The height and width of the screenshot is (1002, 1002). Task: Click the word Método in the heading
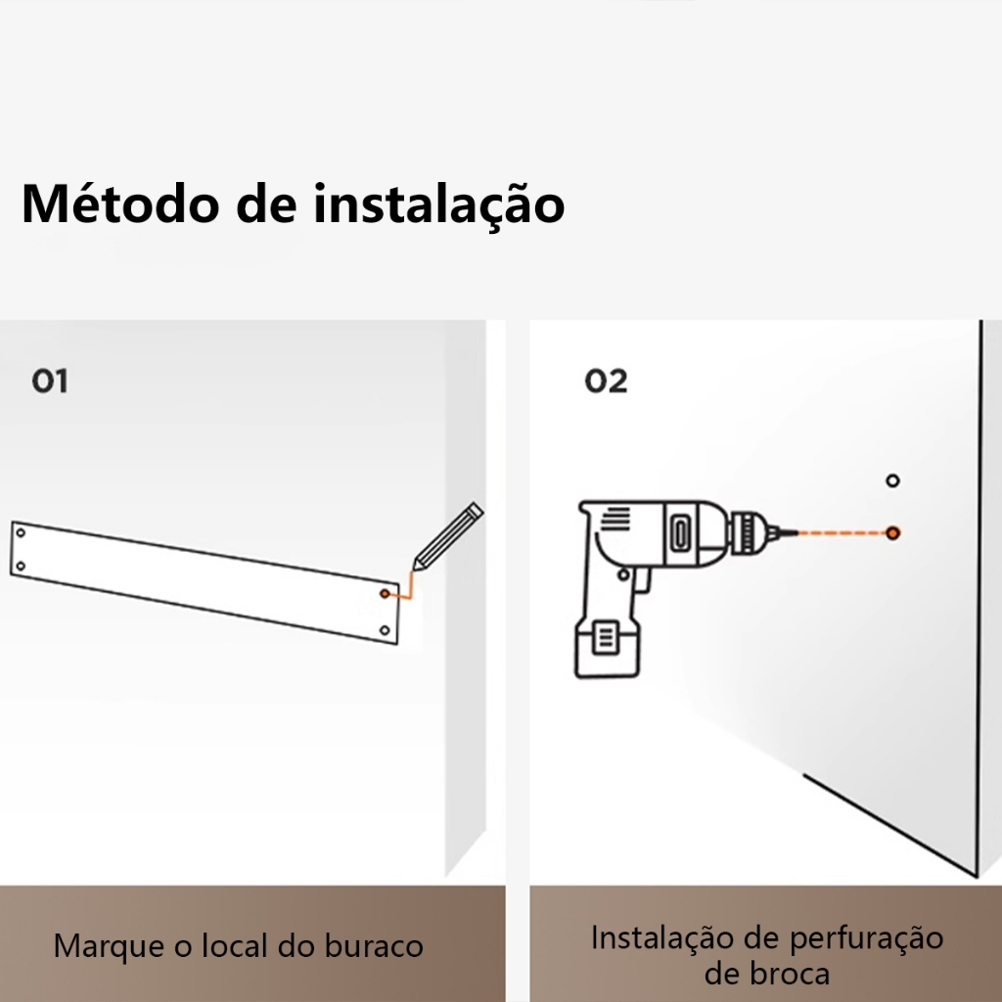(x=120, y=204)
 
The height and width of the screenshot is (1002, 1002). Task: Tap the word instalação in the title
(x=439, y=204)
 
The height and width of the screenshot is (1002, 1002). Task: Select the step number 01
(x=50, y=381)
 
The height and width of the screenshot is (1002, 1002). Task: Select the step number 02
(x=606, y=381)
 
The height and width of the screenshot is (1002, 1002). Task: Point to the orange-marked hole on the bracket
(x=385, y=594)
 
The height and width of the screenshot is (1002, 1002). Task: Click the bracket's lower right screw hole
(x=385, y=631)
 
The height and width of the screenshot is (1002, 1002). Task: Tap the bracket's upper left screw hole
(x=21, y=533)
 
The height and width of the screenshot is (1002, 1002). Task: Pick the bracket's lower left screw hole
(x=21, y=567)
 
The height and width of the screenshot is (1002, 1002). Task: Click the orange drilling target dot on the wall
(x=892, y=533)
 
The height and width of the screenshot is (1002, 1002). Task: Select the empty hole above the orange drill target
(x=892, y=480)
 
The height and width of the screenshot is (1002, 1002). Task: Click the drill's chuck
(x=749, y=533)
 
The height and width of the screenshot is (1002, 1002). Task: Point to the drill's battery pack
(x=607, y=647)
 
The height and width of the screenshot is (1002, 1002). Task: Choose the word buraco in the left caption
(x=374, y=946)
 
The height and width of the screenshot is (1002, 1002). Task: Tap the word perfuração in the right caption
(x=866, y=939)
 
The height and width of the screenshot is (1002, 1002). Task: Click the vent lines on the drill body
(x=615, y=518)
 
